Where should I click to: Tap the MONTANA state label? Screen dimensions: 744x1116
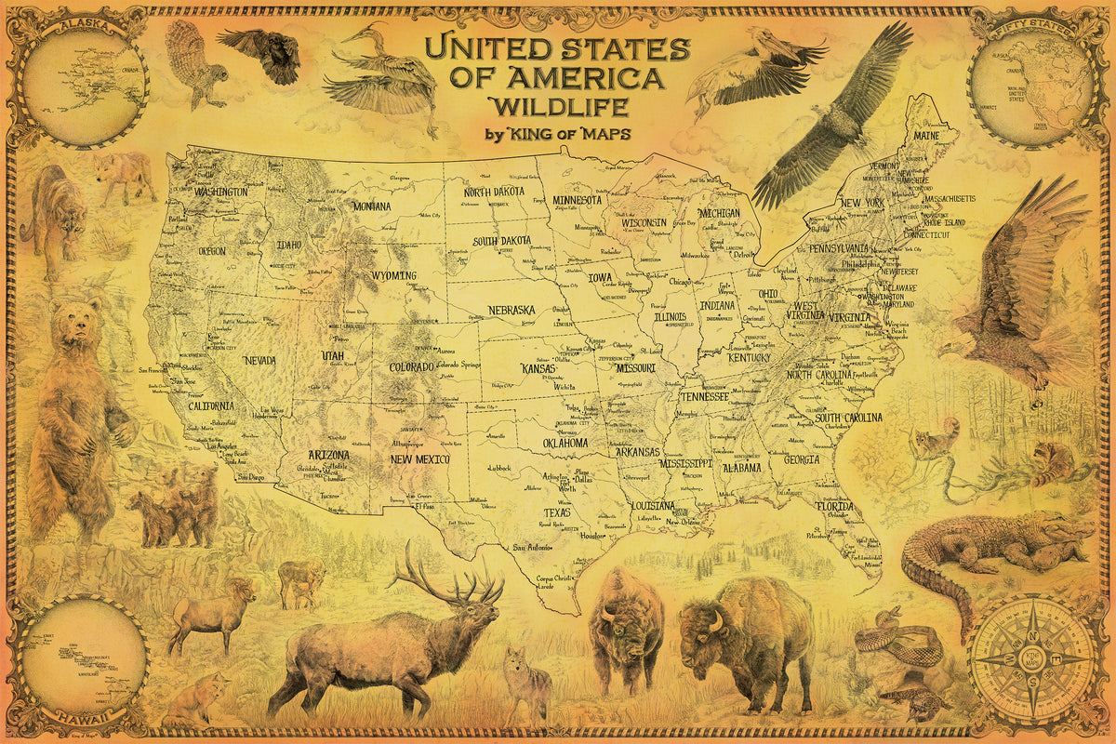pyautogui.click(x=371, y=206)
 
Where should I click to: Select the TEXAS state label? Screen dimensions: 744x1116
pyautogui.click(x=557, y=512)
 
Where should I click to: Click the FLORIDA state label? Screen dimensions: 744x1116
pyautogui.click(x=834, y=507)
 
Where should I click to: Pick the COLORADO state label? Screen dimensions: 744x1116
pyautogui.click(x=411, y=366)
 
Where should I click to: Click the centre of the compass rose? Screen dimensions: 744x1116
pyautogui.click(x=1032, y=658)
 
